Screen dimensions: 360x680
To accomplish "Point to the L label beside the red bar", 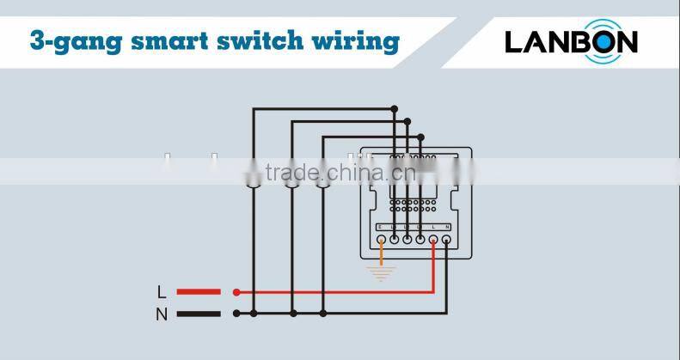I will [162, 292].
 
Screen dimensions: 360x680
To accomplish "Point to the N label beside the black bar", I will [162, 314].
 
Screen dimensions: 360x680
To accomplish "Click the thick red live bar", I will [199, 292].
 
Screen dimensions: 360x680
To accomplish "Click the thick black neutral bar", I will [199, 314].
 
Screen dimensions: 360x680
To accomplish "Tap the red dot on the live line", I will [236, 292].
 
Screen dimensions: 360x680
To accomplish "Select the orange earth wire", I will [381, 253].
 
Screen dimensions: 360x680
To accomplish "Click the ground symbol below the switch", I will [381, 272].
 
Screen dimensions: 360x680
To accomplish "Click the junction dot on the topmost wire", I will [394, 108].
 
